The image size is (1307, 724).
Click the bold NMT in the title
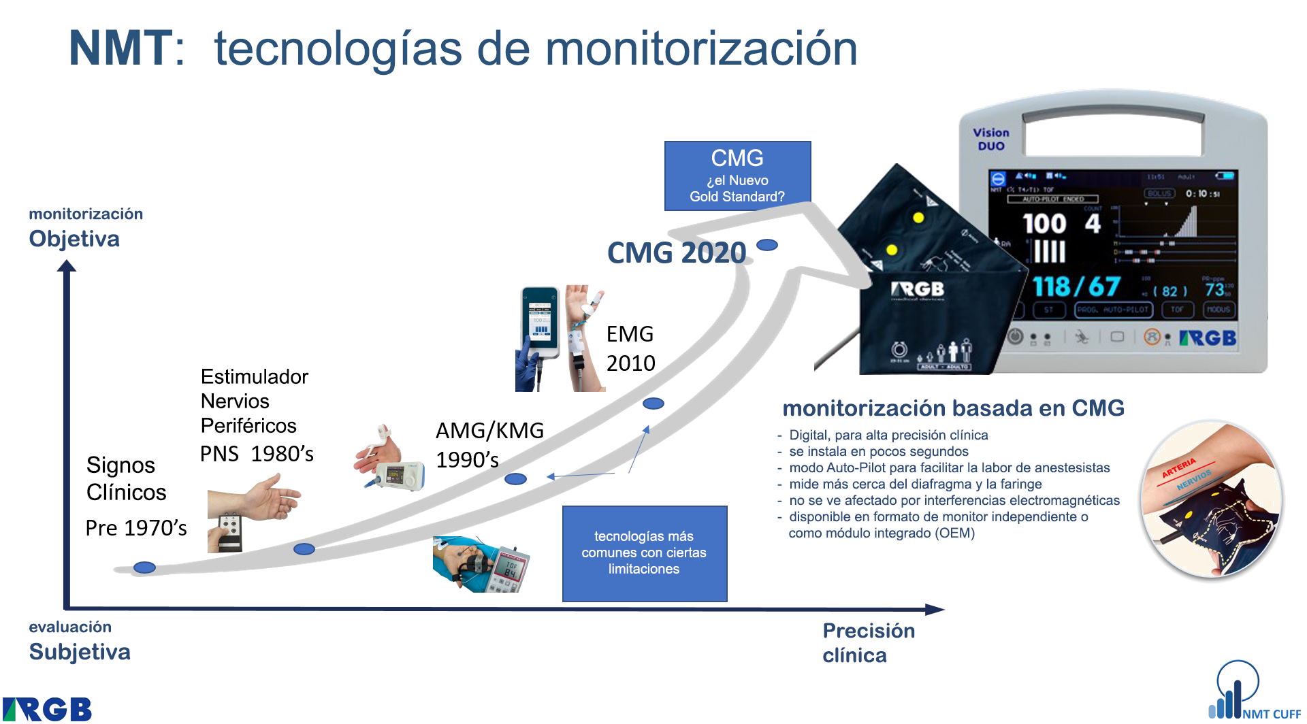pos(120,49)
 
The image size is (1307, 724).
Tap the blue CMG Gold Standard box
pos(737,176)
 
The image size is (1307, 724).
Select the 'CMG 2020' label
pos(677,253)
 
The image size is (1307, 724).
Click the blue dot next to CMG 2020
pos(767,246)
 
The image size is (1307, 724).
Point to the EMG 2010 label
pos(630,348)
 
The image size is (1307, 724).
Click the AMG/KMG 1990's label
pos(489,444)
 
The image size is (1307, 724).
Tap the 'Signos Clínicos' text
pos(126,478)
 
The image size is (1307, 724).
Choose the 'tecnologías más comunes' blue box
pos(644,553)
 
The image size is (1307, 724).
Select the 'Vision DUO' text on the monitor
pos(990,139)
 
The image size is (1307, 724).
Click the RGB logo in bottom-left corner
pos(47,709)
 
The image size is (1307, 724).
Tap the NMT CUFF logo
pos(1253,694)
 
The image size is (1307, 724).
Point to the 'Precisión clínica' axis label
pos(868,642)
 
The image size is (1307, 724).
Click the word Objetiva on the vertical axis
pos(74,239)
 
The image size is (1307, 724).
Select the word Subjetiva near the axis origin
pos(80,652)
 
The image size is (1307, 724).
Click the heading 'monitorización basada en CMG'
pos(953,408)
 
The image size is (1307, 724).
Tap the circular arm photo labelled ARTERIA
pos(1211,500)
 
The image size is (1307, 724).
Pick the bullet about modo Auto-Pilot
pos(949,468)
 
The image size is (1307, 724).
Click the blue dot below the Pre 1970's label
pos(144,567)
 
